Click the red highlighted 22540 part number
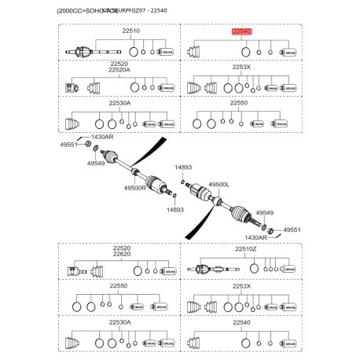[240, 32]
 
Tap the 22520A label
[120, 70]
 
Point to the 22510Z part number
[246, 249]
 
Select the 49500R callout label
[135, 189]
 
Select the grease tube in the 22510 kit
[166, 53]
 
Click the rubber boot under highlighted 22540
[196, 53]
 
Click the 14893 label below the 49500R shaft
[174, 210]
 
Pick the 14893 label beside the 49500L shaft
[183, 168]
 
